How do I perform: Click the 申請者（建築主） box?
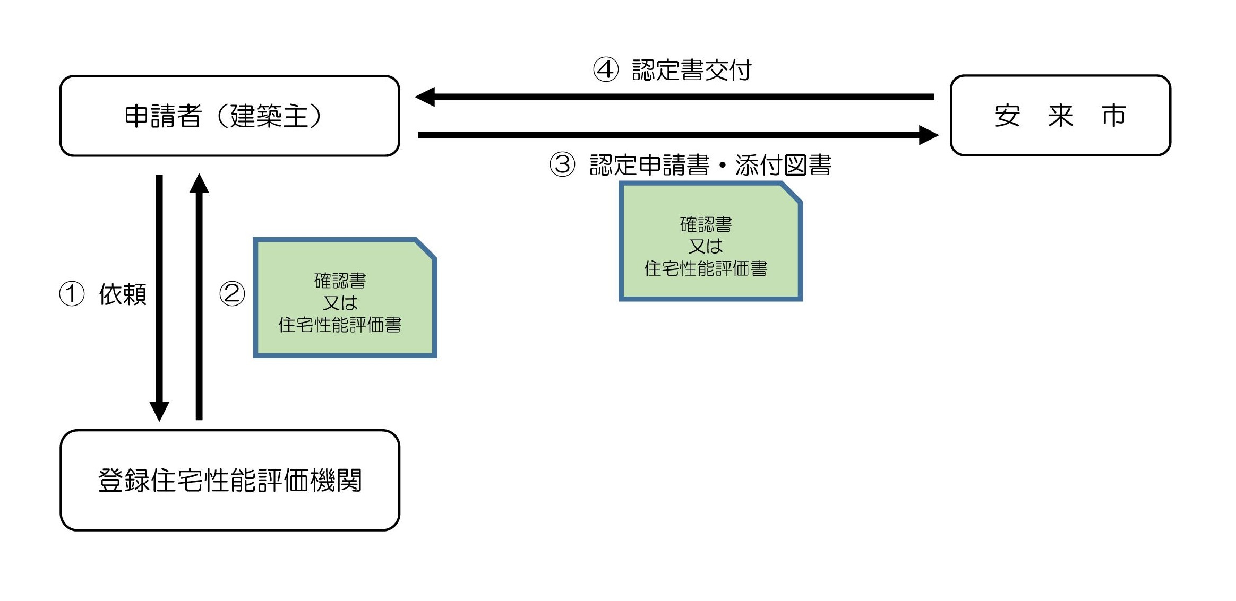click(x=229, y=116)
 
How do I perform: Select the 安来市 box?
click(x=1060, y=116)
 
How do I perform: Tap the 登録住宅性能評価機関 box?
click(x=229, y=480)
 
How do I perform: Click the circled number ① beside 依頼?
click(x=72, y=294)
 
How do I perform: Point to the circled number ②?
click(x=232, y=294)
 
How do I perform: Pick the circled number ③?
click(x=562, y=164)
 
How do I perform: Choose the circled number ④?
click(x=606, y=70)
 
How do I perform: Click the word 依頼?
click(x=123, y=294)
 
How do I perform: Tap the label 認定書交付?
click(x=691, y=70)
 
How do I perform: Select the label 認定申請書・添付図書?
click(x=710, y=164)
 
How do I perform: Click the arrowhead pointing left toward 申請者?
click(x=425, y=97)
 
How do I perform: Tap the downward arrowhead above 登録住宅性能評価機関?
click(x=159, y=411)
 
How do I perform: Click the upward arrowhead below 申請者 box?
click(x=199, y=184)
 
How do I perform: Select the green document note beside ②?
click(x=345, y=298)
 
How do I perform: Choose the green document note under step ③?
click(x=710, y=242)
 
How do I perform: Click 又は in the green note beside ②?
click(x=340, y=303)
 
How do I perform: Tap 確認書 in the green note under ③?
click(x=706, y=224)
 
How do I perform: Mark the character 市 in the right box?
click(x=1113, y=116)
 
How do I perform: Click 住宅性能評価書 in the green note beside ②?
click(x=340, y=325)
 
